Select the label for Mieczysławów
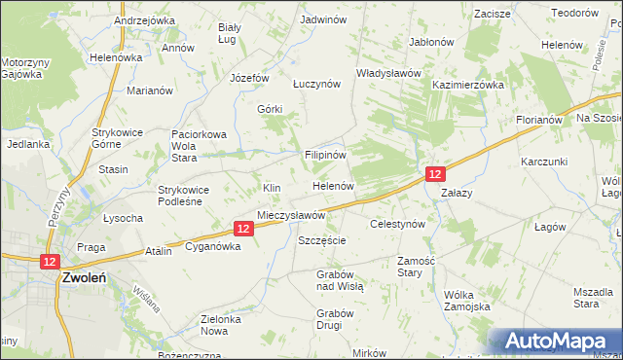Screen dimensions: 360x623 (x=290, y=215)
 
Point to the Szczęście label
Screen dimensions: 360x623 (x=322, y=240)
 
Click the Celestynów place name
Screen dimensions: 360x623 (x=398, y=224)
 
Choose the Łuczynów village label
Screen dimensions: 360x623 (x=316, y=85)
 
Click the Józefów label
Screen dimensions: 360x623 (x=249, y=78)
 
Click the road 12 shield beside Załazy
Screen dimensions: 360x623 (x=435, y=173)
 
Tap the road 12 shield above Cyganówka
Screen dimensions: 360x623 (x=244, y=228)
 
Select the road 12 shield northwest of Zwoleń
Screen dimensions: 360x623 (x=51, y=261)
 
